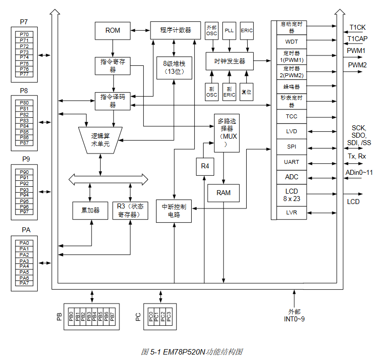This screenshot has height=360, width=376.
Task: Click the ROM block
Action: pyautogui.click(x=112, y=31)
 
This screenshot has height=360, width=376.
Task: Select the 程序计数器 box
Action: pyautogui.click(x=175, y=30)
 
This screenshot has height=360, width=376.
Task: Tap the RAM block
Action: pyautogui.click(x=223, y=193)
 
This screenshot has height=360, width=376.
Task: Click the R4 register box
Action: pyautogui.click(x=205, y=167)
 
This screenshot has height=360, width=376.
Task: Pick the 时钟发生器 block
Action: pyautogui.click(x=229, y=61)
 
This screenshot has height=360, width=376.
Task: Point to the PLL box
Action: pyautogui.click(x=229, y=31)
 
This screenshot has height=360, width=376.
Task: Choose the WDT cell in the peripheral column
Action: pyautogui.click(x=292, y=42)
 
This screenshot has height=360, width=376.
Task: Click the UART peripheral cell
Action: pyautogui.click(x=292, y=162)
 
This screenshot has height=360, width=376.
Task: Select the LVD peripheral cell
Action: pyautogui.click(x=292, y=132)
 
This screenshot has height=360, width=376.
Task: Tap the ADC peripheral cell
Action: pyautogui.click(x=292, y=177)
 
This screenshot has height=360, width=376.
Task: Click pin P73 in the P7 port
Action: pyautogui.click(x=24, y=52)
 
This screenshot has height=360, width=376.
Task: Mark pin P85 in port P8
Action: pyautogui.click(x=24, y=132)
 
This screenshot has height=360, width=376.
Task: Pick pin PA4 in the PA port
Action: pyautogui.click(x=24, y=266)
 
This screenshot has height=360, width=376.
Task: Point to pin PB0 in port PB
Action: pyautogui.click(x=71, y=317)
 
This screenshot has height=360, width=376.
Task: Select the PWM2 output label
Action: pyautogui.click(x=357, y=65)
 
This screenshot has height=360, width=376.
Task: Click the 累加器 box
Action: pyautogui.click(x=91, y=210)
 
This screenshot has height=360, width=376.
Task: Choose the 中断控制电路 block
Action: pyautogui.click(x=174, y=210)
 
